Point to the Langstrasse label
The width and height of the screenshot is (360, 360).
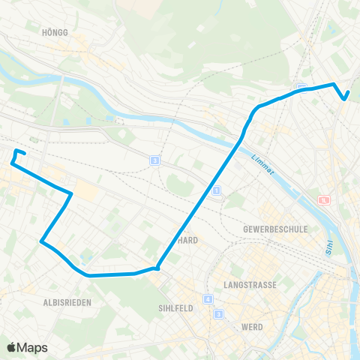pyautogui.click(x=250, y=285)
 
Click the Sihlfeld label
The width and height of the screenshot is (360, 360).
pyautogui.click(x=177, y=307)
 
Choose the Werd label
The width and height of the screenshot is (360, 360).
pyautogui.click(x=252, y=327)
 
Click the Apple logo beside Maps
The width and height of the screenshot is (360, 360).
pyautogui.click(x=12, y=347)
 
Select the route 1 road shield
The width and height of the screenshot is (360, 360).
pyautogui.click(x=216, y=192)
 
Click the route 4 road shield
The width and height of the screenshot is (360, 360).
pyautogui.click(x=208, y=300)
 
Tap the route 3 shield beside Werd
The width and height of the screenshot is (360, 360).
pyautogui.click(x=218, y=313)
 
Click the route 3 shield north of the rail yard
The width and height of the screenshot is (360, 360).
pyautogui.click(x=154, y=160)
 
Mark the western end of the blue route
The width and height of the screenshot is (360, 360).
pyautogui.click(x=13, y=160)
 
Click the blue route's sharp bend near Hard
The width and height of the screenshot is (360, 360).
pyautogui.click(x=157, y=268)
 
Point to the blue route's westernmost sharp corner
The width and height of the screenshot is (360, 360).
pyautogui.click(x=40, y=241)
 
